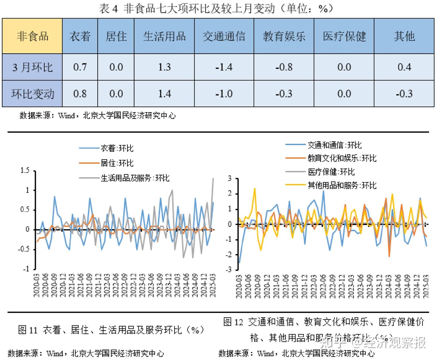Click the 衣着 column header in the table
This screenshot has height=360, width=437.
80,36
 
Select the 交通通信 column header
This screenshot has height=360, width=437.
224,36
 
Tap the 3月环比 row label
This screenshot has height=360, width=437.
32,67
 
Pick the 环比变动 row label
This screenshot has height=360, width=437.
32,94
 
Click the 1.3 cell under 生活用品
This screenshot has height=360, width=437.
164,67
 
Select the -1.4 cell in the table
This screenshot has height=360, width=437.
224,67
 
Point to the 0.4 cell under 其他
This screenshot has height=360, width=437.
404,67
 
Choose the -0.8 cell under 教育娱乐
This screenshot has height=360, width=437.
284,67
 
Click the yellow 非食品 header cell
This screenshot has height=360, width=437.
32,36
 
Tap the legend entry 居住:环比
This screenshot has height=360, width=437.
117,163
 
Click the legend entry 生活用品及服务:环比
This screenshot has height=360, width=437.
135,178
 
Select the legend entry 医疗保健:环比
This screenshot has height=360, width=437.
331,172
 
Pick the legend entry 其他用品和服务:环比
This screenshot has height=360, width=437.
342,185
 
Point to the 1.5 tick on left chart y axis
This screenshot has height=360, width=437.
25,171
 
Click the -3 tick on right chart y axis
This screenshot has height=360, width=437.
229,270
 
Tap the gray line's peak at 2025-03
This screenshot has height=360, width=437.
213,178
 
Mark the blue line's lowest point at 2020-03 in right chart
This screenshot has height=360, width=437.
239,262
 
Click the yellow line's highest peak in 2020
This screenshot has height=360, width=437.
255,188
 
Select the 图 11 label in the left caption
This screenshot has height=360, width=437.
28,330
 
